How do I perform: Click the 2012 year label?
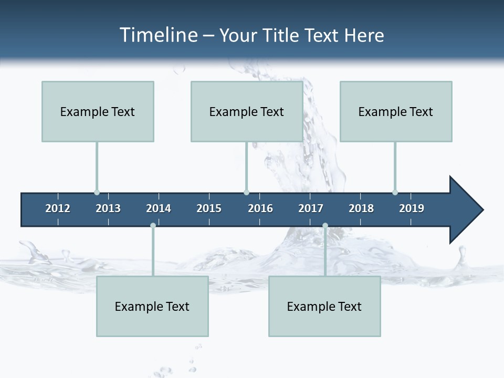point(58,208)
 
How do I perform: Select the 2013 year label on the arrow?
point(108,208)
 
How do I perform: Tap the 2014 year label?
point(159,208)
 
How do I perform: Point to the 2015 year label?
point(209,208)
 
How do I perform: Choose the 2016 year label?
point(260,208)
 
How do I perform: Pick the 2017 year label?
point(311,208)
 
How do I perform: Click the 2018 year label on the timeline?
point(361,208)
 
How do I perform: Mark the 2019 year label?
point(412,208)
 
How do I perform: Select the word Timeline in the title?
point(157,35)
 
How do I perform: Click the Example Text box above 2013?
point(98,111)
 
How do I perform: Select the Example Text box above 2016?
point(247,111)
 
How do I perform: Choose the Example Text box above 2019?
point(396,111)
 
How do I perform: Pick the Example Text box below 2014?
point(152,306)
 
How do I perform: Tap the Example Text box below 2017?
point(324,306)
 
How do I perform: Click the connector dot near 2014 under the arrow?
point(153,226)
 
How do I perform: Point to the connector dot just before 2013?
point(97,192)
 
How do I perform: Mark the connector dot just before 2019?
point(395,192)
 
